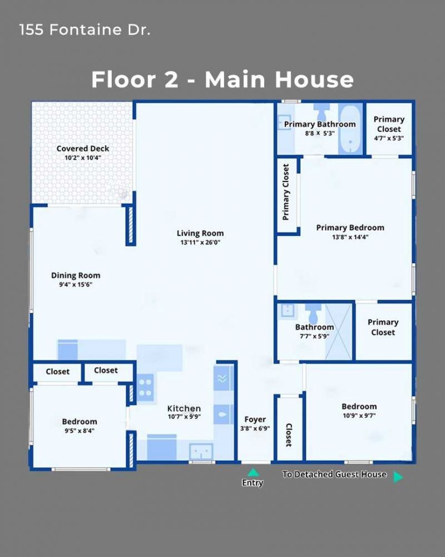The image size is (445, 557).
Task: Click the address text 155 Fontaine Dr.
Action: (x=85, y=30)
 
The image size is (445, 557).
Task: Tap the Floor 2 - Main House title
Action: (x=222, y=79)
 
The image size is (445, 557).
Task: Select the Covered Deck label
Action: (x=83, y=149)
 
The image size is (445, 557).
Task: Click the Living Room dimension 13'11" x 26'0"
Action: (x=200, y=243)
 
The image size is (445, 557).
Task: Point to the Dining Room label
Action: (x=76, y=275)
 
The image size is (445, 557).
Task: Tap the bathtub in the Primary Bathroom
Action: (x=350, y=129)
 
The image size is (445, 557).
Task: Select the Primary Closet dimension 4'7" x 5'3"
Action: (x=389, y=138)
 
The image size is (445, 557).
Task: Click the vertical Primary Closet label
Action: (x=286, y=192)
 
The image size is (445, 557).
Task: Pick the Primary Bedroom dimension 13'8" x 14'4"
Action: (x=350, y=237)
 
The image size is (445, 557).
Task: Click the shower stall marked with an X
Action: (x=339, y=331)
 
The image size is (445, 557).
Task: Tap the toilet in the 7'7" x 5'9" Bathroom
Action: (x=314, y=312)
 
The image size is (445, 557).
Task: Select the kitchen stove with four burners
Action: (x=145, y=388)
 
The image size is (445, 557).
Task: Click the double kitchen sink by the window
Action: (x=201, y=452)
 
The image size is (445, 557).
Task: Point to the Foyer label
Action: (x=255, y=419)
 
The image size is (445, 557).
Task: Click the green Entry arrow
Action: (x=253, y=472)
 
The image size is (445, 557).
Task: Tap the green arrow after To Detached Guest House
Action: (x=398, y=477)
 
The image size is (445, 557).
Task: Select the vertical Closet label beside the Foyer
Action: (x=289, y=435)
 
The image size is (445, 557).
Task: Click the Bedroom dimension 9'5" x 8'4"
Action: (x=80, y=431)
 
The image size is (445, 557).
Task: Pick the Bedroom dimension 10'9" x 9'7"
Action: (x=359, y=416)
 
